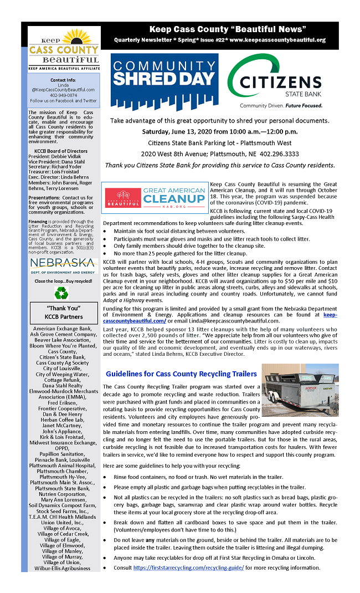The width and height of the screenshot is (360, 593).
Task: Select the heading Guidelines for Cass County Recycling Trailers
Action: pyautogui.click(x=181, y=374)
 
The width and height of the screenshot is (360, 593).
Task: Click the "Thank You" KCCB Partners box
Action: pyautogui.click(x=64, y=313)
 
